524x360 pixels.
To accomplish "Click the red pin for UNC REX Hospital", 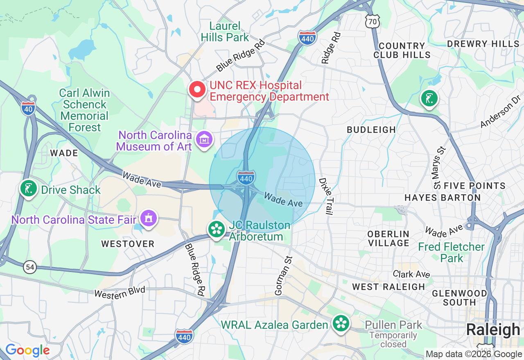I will point(197,90).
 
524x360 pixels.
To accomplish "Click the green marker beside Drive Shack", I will point(28,189).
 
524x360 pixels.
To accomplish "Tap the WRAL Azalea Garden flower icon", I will point(341,324).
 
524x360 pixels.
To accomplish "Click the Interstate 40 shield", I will point(28,108).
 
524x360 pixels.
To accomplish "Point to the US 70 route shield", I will point(373,22).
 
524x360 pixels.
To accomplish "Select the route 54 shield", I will point(30,268).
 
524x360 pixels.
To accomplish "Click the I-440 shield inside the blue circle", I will point(246,178).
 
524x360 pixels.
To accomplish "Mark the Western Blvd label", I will point(120,292).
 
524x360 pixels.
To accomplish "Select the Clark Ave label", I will point(411,274).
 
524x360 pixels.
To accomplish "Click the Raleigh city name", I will point(493,330).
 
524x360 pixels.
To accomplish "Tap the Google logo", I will point(27,351).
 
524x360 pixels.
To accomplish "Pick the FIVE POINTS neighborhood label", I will point(474,186).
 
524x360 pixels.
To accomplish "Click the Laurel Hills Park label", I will point(225,32).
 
